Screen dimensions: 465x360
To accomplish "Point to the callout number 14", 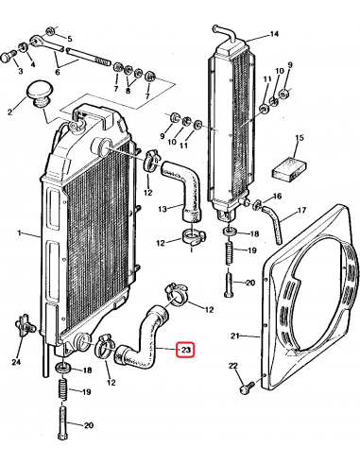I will click(x=273, y=35).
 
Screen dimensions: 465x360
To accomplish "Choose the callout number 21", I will click(x=237, y=335).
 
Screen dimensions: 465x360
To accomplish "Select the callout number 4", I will click(x=33, y=65).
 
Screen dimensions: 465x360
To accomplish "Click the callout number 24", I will click(x=16, y=361).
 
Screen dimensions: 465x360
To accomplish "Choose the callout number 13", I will click(x=163, y=208).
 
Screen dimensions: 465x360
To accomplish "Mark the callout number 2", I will click(x=9, y=112).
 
